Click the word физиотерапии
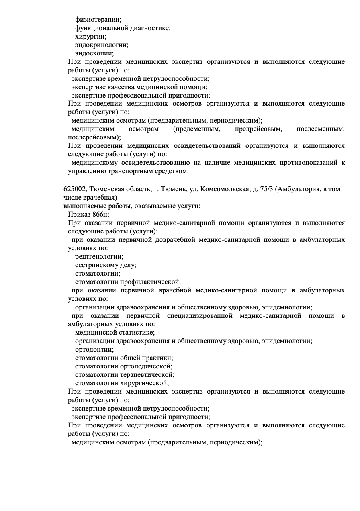pyautogui.click(x=98, y=19)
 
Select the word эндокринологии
pyautogui.click(x=102, y=45)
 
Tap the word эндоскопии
pyautogui.click(x=94, y=53)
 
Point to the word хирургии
pyautogui.click(x=91, y=36)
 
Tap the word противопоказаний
pyautogui.click(x=307, y=163)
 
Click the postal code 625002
pyautogui.click(x=75, y=189)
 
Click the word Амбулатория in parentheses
pyautogui.click(x=298, y=189)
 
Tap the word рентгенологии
pyautogui.click(x=99, y=256)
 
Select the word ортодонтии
pyautogui.click(x=94, y=349)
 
